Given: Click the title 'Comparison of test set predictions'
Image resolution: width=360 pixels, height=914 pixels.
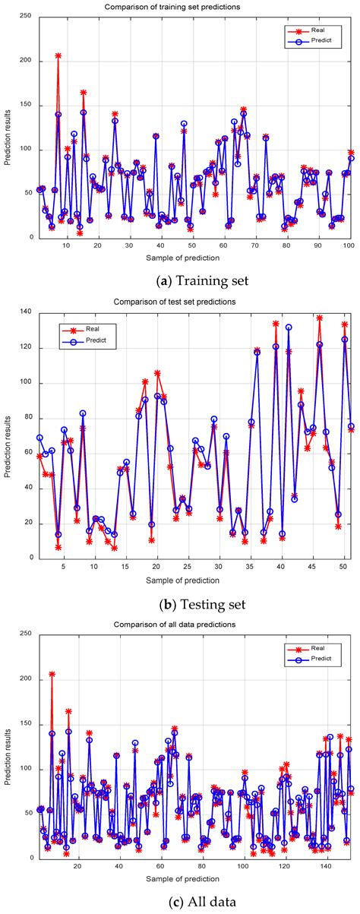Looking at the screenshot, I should tap(192, 302).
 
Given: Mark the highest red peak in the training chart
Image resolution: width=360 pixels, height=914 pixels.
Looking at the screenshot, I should tap(58, 55).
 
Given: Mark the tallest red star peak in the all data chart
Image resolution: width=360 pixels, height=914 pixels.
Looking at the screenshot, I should tap(52, 674).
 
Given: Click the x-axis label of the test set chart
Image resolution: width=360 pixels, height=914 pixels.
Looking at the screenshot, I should tap(192, 561).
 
